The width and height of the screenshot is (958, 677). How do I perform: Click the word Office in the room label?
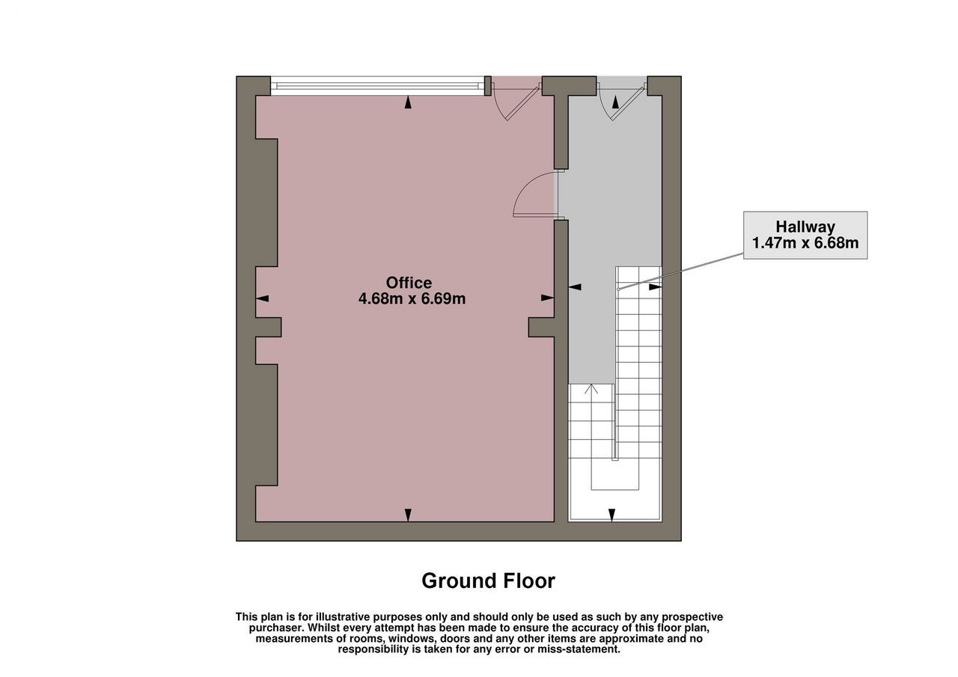point(409,283)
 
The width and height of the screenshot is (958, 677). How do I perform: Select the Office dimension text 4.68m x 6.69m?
point(412,298)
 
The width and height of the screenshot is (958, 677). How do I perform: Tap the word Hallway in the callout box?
point(805,227)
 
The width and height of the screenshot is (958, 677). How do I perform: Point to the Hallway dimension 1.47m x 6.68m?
point(805,243)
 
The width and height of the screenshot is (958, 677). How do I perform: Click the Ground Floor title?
point(489,580)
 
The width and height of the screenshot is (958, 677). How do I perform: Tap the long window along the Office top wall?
point(378,85)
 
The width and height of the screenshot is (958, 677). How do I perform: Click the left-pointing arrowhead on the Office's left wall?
point(262,298)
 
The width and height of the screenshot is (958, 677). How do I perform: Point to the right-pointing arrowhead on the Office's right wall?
point(547,298)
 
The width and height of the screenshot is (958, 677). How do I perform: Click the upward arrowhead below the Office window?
point(408,102)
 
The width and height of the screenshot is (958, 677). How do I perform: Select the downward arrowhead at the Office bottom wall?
point(408,515)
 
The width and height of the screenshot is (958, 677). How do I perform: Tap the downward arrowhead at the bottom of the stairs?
point(612,515)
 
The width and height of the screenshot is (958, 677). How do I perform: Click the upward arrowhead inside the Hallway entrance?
point(615,102)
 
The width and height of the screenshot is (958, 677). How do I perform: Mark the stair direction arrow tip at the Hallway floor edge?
point(591,385)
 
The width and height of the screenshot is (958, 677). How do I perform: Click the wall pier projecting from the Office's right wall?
point(541,327)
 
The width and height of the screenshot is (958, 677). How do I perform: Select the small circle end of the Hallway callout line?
point(618,290)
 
